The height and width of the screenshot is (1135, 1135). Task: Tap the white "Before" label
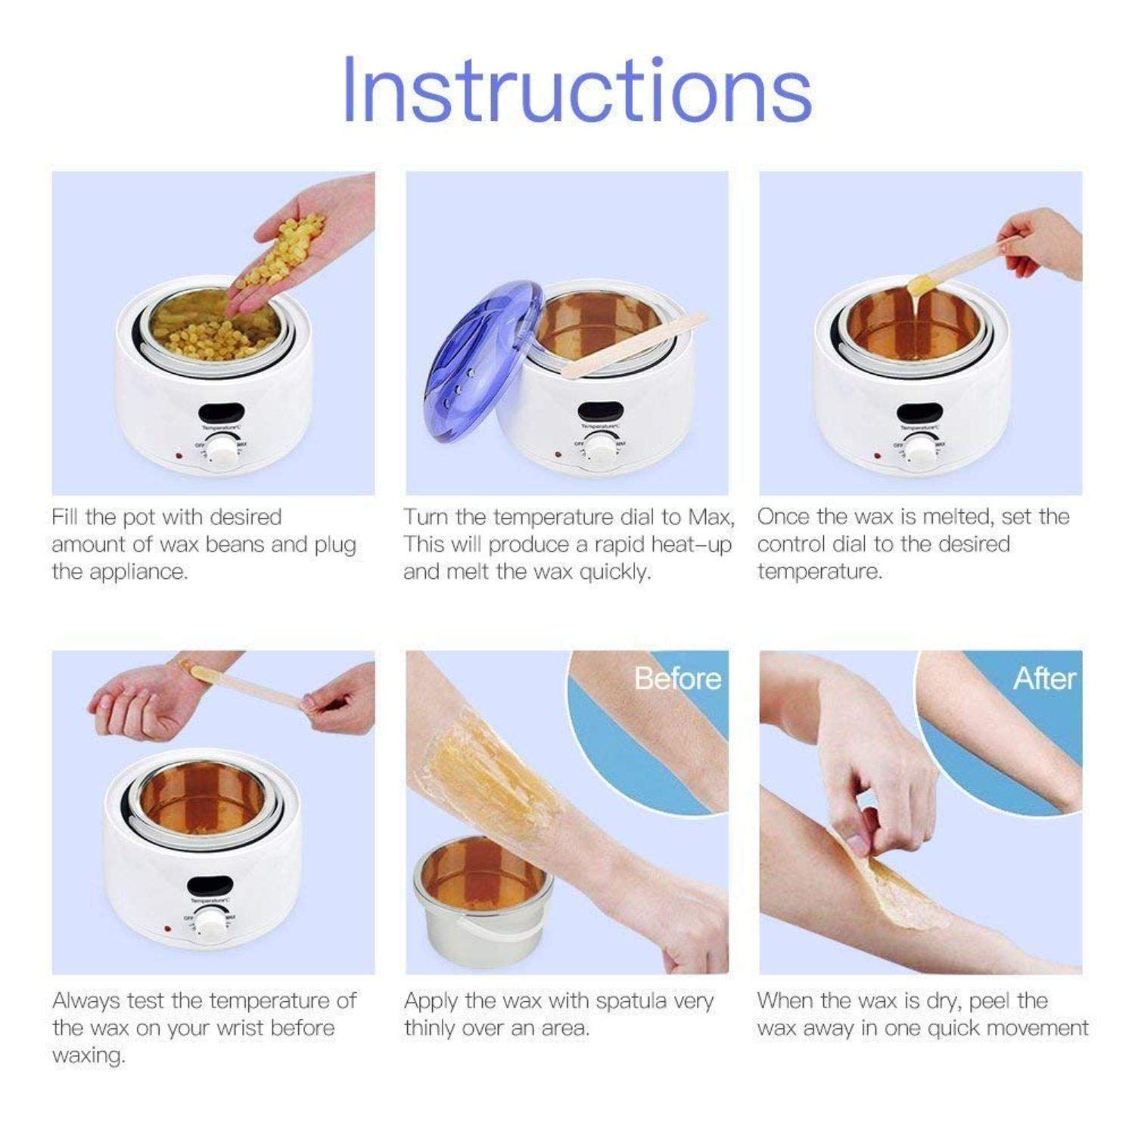[677, 678]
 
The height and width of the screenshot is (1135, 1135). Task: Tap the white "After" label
[1043, 678]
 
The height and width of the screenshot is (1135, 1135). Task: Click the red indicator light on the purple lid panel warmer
[558, 455]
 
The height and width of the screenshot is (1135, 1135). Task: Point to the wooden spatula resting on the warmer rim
[636, 344]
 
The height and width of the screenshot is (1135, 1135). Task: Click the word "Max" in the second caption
[710, 518]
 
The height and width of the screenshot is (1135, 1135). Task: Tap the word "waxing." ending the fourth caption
[89, 1056]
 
